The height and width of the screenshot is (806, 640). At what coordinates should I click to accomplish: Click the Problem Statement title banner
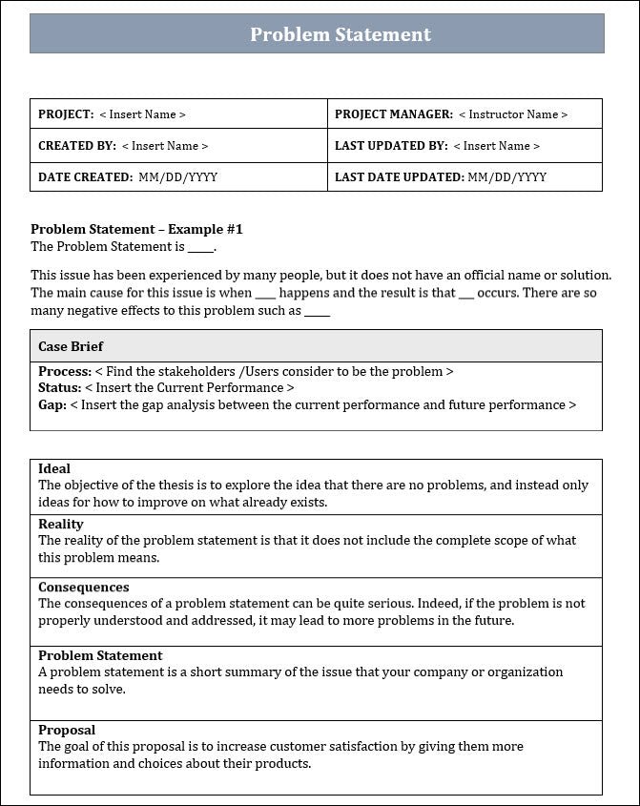(x=341, y=34)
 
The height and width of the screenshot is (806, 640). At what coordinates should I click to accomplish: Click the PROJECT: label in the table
(x=66, y=114)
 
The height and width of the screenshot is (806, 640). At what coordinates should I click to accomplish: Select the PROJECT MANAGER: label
(x=393, y=114)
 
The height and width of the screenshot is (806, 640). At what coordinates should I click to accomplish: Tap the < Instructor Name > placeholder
(x=512, y=114)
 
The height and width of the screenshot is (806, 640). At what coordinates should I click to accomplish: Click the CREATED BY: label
(x=76, y=146)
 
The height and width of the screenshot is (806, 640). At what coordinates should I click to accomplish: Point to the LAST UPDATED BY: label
(x=390, y=146)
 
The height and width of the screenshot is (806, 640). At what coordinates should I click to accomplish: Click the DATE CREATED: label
(x=85, y=177)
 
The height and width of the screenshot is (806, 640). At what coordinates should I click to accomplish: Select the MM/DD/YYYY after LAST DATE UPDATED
(x=506, y=177)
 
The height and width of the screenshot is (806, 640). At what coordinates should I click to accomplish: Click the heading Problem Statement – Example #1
(x=136, y=230)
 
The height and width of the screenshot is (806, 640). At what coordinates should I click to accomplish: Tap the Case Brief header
(x=71, y=346)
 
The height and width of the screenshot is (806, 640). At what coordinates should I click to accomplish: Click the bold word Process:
(x=65, y=371)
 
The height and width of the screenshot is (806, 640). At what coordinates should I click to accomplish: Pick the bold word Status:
(x=59, y=388)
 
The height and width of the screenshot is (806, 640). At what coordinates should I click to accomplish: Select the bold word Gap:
(x=52, y=404)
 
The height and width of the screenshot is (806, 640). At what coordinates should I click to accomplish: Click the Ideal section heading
(x=54, y=468)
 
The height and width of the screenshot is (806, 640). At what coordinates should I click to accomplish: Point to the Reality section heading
(x=61, y=524)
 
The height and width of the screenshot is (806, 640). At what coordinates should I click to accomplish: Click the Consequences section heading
(x=83, y=588)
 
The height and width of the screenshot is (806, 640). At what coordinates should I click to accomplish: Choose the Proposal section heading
(x=67, y=730)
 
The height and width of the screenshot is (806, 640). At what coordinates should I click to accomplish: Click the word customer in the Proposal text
(x=304, y=746)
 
